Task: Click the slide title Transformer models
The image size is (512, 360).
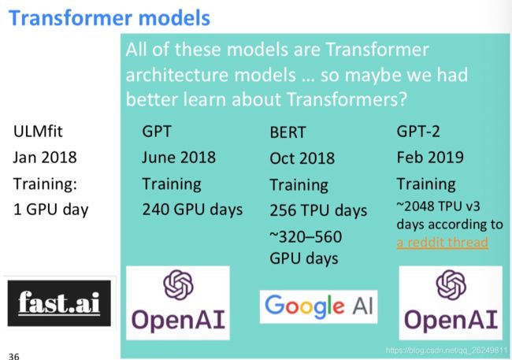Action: click(x=109, y=17)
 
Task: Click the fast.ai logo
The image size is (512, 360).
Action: click(x=59, y=303)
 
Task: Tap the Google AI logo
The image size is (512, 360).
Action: click(x=318, y=306)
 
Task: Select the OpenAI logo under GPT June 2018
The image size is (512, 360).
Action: click(x=178, y=302)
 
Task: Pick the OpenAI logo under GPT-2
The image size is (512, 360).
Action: click(x=451, y=302)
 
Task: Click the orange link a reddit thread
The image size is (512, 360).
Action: click(x=443, y=243)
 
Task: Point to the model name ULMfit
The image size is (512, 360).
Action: click(x=38, y=132)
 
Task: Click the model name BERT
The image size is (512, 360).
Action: click(x=288, y=132)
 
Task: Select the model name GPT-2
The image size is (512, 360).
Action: click(x=418, y=132)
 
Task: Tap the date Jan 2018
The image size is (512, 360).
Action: click(x=45, y=157)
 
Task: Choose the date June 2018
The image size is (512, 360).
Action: click(x=179, y=157)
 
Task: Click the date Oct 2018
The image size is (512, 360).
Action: click(x=302, y=158)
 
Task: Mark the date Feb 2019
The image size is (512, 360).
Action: click(x=430, y=157)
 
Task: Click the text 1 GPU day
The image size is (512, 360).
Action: click(x=51, y=210)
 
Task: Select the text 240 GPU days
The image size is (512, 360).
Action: click(x=192, y=210)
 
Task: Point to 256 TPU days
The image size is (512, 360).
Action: click(x=318, y=210)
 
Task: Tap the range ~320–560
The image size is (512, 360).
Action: click(x=306, y=236)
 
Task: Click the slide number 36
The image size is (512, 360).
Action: click(x=13, y=356)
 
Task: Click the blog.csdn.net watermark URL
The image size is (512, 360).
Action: click(x=447, y=351)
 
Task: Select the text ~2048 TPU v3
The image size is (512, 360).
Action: click(x=438, y=206)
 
